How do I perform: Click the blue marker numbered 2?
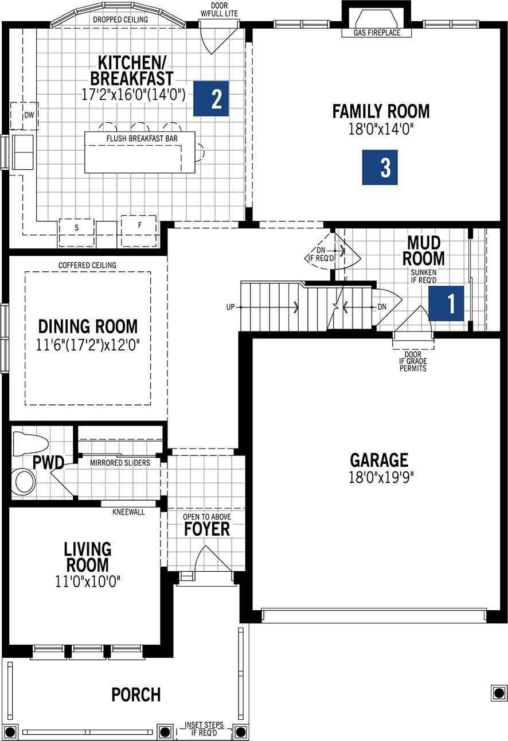point(211,99)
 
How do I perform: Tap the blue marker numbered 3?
point(380,167)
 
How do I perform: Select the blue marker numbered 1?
point(447,303)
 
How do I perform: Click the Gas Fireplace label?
point(377,33)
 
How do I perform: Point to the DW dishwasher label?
point(29,115)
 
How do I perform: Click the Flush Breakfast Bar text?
point(142,139)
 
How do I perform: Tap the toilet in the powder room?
point(30,443)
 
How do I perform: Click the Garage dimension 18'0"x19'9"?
point(381,477)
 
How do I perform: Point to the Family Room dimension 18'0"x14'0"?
point(381,129)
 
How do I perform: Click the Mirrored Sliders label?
point(120,463)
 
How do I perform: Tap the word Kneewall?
point(128,512)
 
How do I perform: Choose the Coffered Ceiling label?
point(87,266)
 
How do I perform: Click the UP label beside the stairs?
point(230,307)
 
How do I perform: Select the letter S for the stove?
point(77,228)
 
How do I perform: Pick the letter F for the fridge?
point(140,225)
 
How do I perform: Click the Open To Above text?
point(207,517)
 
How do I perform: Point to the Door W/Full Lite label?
point(219,10)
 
